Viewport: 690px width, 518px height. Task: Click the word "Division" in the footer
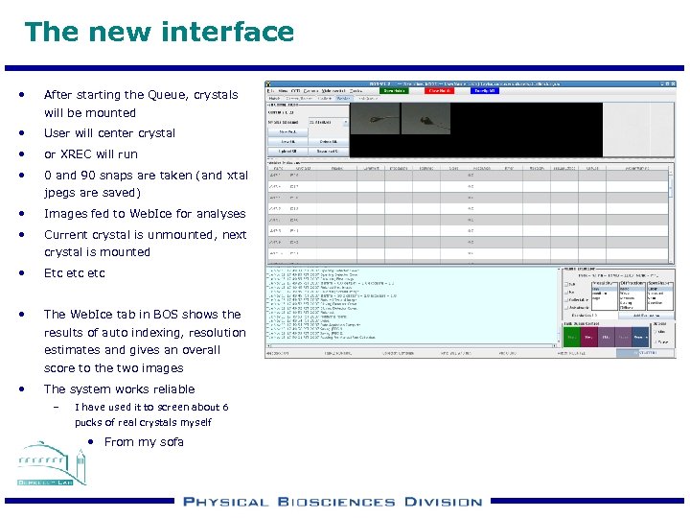coord(442,502)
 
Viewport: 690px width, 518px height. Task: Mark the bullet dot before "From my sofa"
coord(89,442)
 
